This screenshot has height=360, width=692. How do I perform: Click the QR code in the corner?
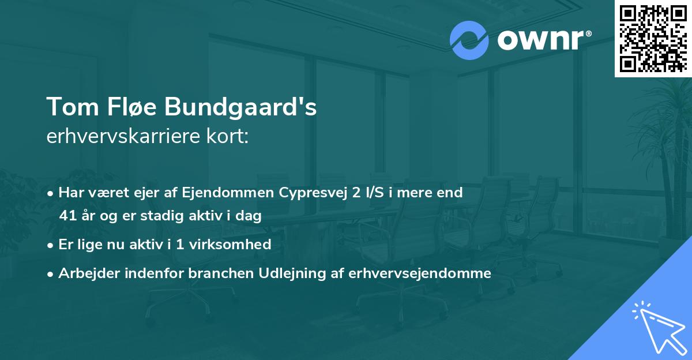[x=653, y=39]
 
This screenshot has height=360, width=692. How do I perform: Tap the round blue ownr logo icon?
[x=469, y=40]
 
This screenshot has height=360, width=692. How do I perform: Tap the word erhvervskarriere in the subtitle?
[x=123, y=137]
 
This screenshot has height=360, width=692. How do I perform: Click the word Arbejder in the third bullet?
[x=85, y=273]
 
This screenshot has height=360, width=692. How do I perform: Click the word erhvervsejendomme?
[x=420, y=273]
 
